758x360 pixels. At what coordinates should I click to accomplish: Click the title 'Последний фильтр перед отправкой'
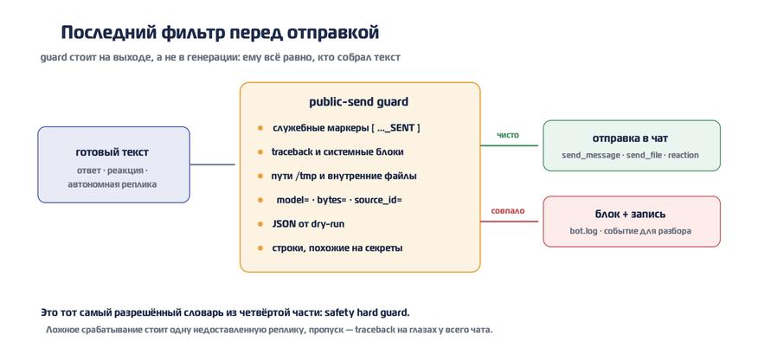220,33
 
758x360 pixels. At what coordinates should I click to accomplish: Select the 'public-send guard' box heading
359,102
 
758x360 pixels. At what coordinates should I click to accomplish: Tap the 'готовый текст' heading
112,152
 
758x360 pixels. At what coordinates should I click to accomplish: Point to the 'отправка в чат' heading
631,138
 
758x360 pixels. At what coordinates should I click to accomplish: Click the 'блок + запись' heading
631,214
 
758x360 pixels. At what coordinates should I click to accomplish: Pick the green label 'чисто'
508,135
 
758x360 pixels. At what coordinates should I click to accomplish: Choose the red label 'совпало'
508,210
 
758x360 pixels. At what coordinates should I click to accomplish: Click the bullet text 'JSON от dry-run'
308,224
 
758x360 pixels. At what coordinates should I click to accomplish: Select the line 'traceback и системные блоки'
337,151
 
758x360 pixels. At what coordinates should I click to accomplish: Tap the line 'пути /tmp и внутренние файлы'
344,176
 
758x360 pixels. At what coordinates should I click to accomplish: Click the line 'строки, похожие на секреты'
337,247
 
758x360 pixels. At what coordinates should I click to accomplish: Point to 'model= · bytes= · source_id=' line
339,200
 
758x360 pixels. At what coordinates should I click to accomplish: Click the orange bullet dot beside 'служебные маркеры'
260,128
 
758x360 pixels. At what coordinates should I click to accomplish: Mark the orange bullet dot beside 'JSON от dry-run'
260,224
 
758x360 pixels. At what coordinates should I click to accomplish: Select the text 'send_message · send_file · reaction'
631,155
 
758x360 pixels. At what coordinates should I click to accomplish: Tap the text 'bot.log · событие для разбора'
631,230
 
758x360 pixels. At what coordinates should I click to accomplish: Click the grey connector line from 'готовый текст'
212,164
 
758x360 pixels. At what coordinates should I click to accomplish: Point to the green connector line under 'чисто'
509,145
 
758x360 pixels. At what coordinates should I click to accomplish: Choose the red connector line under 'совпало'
509,222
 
